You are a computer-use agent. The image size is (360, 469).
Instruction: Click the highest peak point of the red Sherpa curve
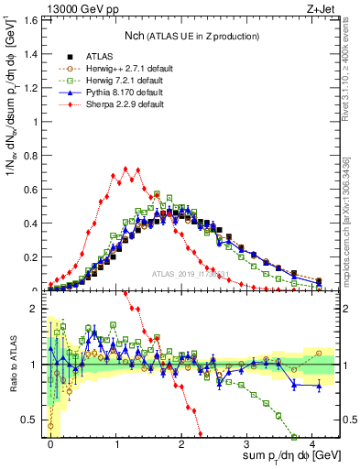pos(116,169)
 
